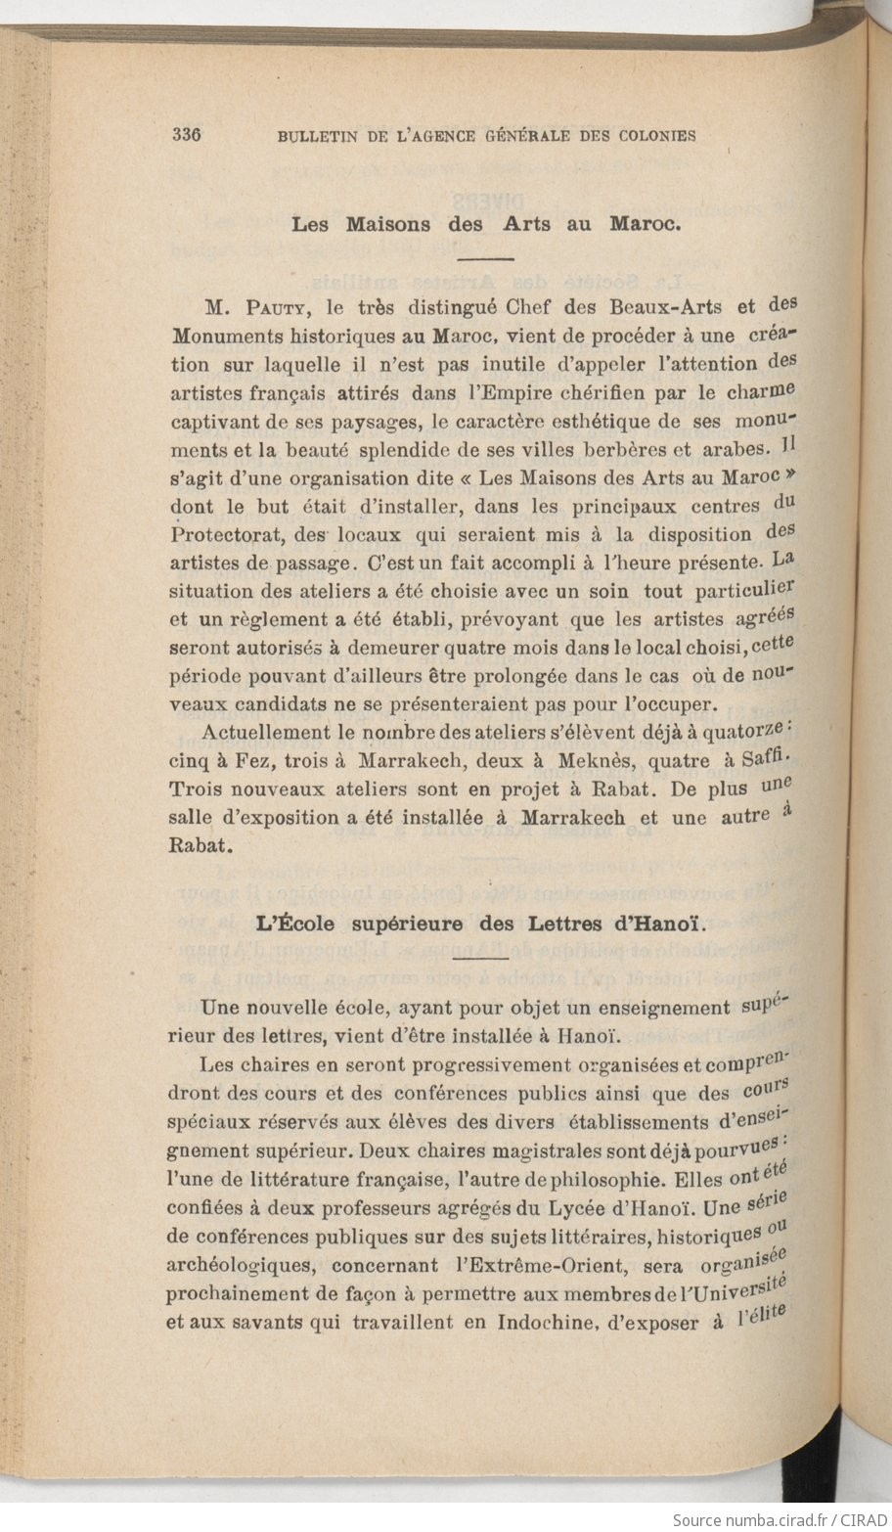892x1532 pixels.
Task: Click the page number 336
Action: (x=186, y=136)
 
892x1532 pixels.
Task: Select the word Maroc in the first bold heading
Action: (x=645, y=224)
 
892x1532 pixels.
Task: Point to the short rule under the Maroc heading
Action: (x=485, y=259)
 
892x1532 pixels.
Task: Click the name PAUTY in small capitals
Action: (x=274, y=307)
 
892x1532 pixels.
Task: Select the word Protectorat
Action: (x=231, y=536)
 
